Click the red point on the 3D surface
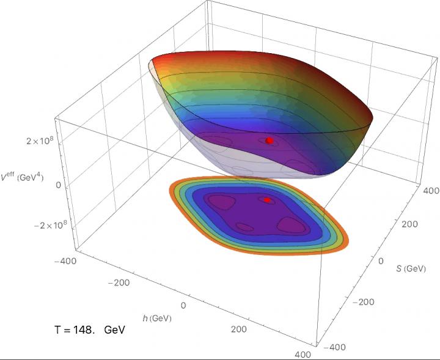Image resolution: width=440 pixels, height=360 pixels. (x=269, y=140)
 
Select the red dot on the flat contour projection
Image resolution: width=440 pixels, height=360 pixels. (x=267, y=200)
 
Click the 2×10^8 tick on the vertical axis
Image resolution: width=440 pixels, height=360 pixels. (x=36, y=142)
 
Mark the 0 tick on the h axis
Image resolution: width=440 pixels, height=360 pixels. (x=182, y=305)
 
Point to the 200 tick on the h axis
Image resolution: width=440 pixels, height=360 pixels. (x=239, y=329)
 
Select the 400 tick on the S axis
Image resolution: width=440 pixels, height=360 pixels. (x=427, y=191)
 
